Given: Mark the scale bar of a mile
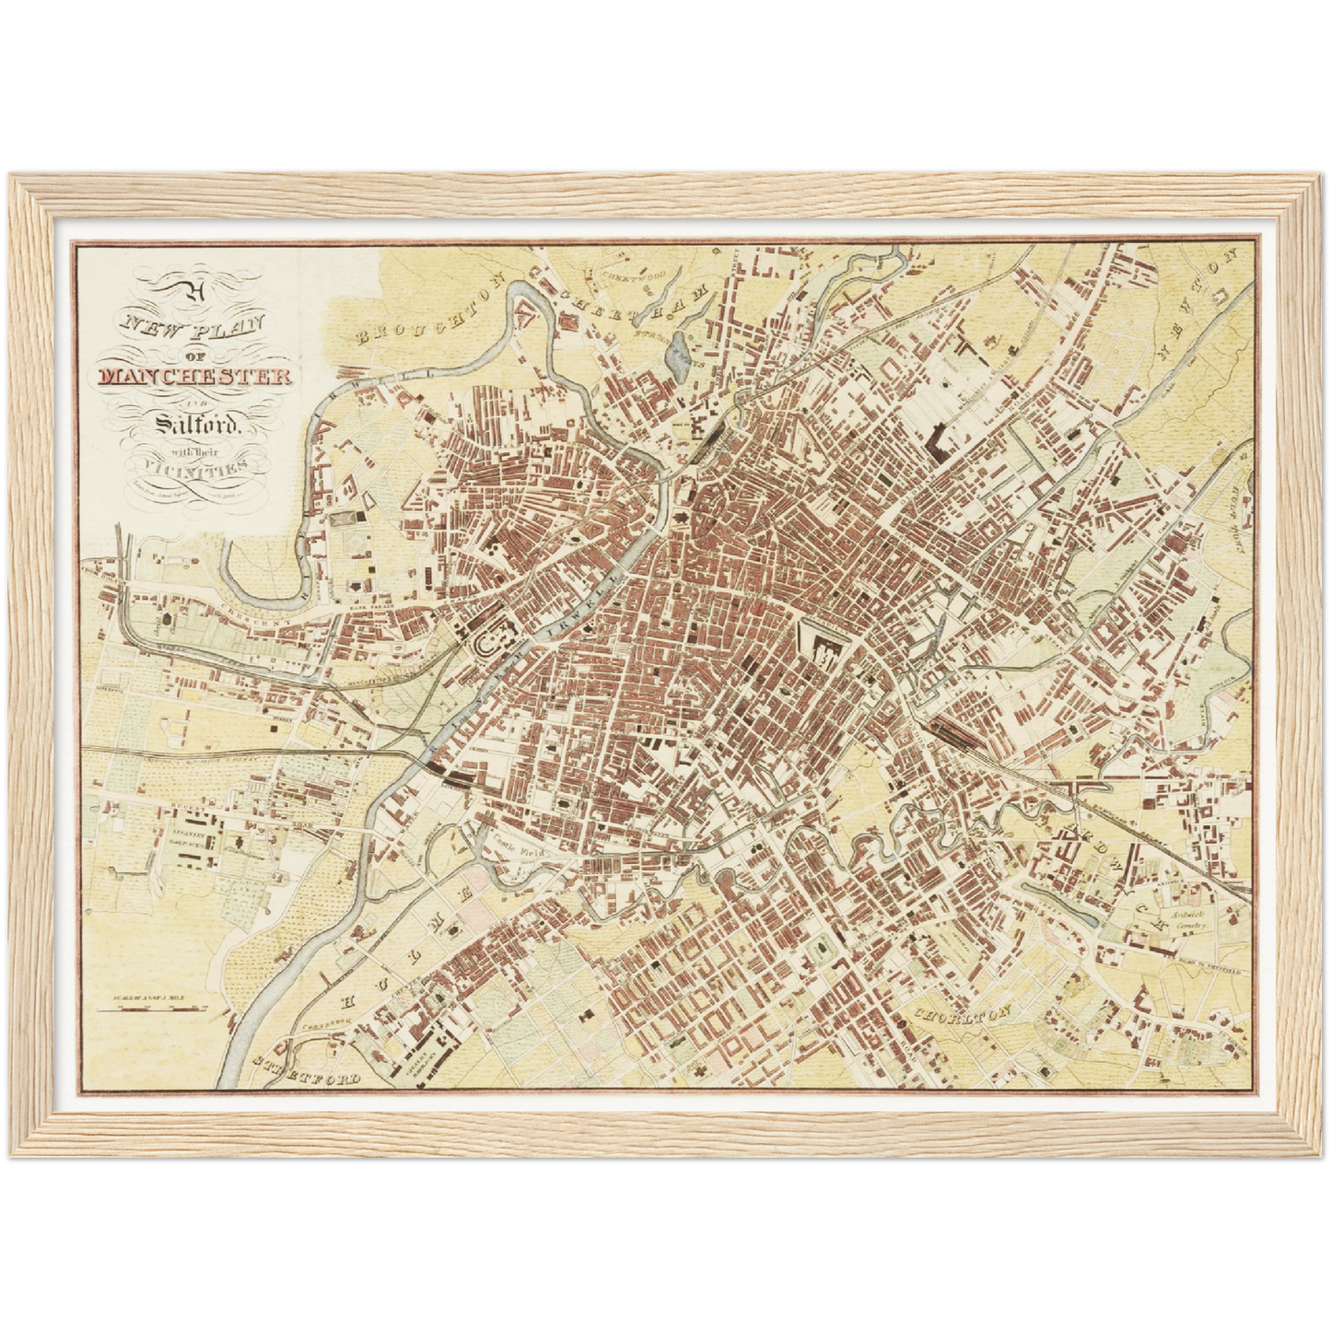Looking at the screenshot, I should [x=157, y=1008].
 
